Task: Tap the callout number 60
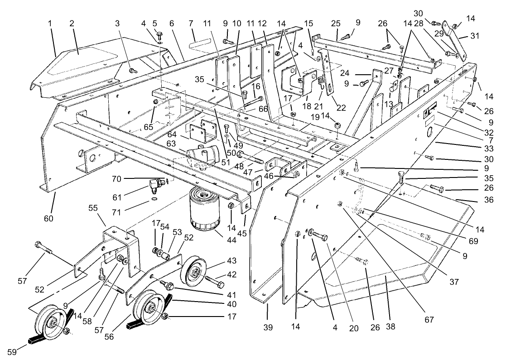48,218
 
